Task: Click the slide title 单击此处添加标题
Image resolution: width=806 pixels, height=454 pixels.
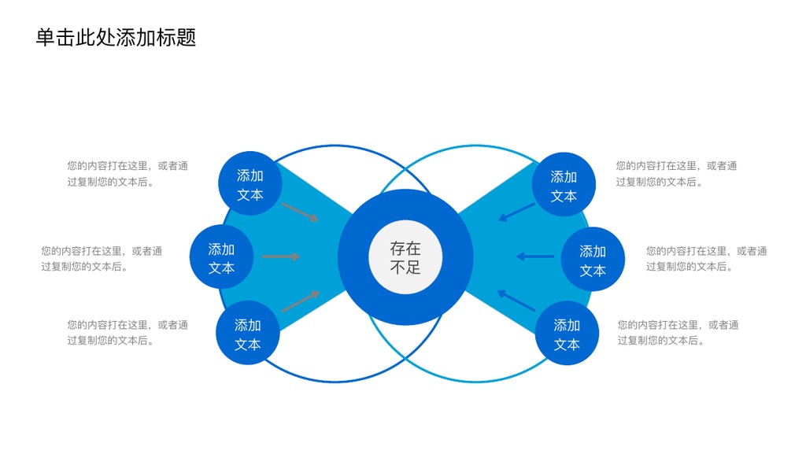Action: point(116,38)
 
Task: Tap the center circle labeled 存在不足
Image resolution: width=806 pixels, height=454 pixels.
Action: point(405,257)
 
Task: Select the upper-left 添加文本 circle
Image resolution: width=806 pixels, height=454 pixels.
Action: point(250,183)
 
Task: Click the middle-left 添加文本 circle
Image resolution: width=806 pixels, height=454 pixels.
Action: point(221,257)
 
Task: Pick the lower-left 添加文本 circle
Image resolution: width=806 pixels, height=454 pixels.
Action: point(248,333)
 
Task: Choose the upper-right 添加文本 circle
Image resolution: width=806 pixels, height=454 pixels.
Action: point(564,184)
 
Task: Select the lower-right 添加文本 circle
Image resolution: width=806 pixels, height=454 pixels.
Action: point(567,333)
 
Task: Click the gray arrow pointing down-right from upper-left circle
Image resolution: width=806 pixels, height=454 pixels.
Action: point(301,212)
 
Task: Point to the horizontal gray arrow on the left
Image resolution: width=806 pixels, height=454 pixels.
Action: point(281,257)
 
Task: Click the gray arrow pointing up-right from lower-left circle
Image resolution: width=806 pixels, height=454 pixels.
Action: point(301,301)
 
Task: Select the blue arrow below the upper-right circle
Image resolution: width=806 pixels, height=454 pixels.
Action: point(516,212)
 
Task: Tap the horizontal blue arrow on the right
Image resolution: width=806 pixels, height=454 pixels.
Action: point(535,257)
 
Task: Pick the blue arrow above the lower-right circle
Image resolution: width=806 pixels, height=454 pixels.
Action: point(516,301)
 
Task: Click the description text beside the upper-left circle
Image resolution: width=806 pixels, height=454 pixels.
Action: point(128,174)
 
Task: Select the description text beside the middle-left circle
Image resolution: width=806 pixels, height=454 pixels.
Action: point(102,258)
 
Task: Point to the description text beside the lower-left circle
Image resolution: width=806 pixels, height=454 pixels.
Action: point(128,332)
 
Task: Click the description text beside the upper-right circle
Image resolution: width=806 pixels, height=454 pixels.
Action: point(676,174)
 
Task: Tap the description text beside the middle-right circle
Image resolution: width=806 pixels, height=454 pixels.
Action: point(706,258)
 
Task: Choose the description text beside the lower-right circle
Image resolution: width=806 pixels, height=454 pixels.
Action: point(678,332)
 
